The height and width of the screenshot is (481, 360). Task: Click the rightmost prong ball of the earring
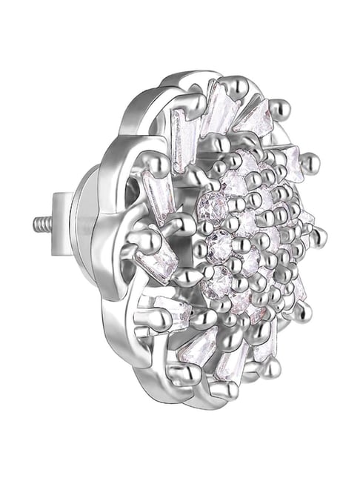(x=320, y=238)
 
